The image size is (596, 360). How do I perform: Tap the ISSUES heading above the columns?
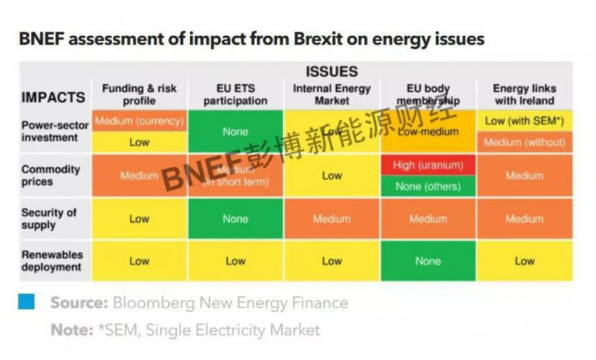point(332,72)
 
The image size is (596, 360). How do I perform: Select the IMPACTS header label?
point(53,97)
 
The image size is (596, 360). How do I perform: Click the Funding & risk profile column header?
point(139,95)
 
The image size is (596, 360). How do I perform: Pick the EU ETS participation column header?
point(235,95)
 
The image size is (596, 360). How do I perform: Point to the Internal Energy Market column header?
point(332,95)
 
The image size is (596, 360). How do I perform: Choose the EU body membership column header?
point(428,95)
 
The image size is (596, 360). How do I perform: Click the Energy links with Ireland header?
point(524,95)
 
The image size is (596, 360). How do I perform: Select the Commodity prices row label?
point(50,175)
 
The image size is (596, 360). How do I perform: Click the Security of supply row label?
point(48,218)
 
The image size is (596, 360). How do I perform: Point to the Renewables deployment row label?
point(51,261)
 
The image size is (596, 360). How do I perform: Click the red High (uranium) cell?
point(428,165)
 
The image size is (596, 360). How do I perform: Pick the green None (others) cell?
point(428,186)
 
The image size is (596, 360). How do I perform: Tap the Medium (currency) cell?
point(139,121)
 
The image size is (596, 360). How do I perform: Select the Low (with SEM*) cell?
point(524,121)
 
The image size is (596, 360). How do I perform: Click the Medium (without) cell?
point(524,142)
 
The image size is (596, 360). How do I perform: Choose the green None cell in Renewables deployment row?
point(428,261)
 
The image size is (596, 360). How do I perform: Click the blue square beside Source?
point(27,302)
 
